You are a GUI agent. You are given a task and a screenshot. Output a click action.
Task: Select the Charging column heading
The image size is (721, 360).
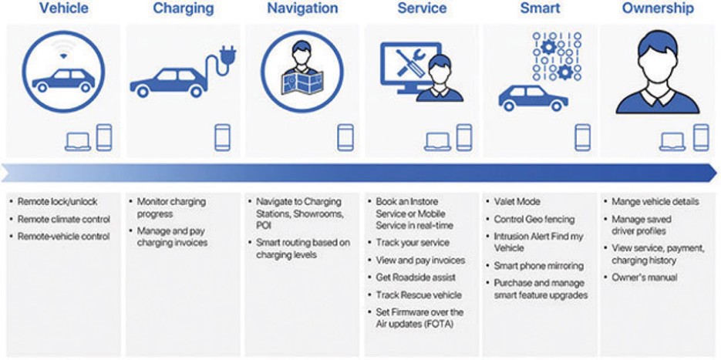(x=183, y=9)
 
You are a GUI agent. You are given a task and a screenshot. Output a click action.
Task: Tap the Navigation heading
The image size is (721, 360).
(x=302, y=9)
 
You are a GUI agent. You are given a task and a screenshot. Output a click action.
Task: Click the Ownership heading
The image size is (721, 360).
(x=657, y=9)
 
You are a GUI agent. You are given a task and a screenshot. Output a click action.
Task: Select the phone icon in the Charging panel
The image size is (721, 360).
(x=223, y=136)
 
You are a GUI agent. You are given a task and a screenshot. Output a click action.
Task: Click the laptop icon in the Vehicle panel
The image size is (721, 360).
(x=77, y=141)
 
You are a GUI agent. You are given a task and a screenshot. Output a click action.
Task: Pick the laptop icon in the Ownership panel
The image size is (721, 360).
(x=672, y=141)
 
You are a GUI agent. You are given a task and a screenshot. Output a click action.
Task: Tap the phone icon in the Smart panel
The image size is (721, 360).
(x=582, y=136)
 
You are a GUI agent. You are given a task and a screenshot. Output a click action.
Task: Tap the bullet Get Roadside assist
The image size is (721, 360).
(x=416, y=277)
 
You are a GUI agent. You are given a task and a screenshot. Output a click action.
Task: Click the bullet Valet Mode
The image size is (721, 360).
(x=517, y=202)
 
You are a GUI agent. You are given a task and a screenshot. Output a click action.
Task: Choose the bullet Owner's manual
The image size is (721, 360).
(x=644, y=278)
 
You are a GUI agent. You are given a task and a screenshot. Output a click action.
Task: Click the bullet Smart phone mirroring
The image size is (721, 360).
(x=539, y=266)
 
